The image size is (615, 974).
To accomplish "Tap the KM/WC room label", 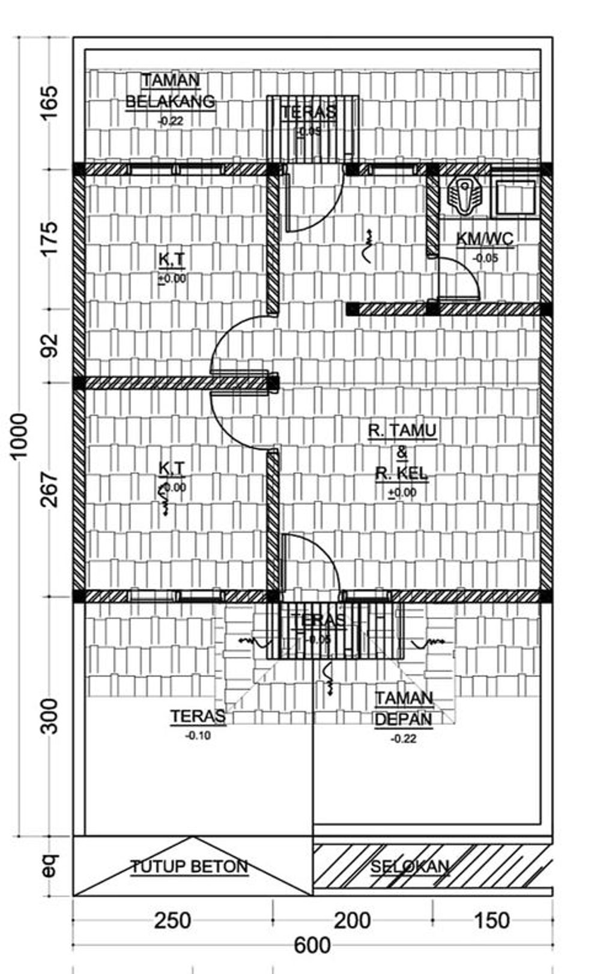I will click(x=485, y=239).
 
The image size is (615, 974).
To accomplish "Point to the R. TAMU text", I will click(x=402, y=431).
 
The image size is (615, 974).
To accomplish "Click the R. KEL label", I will click(x=402, y=473).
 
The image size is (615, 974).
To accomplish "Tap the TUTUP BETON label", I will click(x=189, y=867).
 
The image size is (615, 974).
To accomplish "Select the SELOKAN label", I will click(x=410, y=867).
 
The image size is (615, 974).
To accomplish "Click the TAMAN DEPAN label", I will click(x=404, y=709).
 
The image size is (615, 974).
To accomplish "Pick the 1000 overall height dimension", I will click(x=19, y=435).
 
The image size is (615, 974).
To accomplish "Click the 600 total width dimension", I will click(x=312, y=946).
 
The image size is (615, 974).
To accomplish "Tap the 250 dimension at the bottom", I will click(x=173, y=921).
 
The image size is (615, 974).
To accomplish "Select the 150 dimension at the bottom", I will click(x=492, y=921).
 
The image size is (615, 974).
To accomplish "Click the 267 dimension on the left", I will click(x=50, y=489).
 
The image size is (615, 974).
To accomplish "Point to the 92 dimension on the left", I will click(x=50, y=345).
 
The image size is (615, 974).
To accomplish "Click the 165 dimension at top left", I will click(x=50, y=102).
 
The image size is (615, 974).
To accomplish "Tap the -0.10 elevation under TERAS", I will click(x=198, y=735).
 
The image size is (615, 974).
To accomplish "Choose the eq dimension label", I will click(x=50, y=865).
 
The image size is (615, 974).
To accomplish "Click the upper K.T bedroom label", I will click(x=172, y=259).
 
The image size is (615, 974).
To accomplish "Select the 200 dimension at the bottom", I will click(x=352, y=921).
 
